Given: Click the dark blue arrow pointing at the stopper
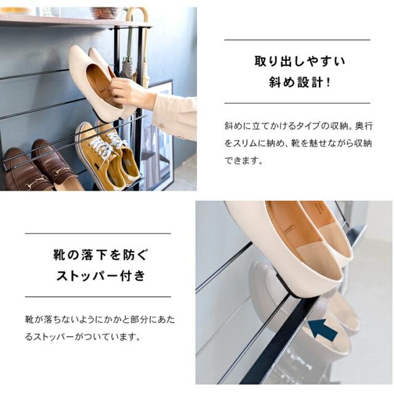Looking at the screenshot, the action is pos(323,330).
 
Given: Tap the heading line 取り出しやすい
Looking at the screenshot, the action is pos(300,62).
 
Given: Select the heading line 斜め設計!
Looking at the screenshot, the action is pos(300,82).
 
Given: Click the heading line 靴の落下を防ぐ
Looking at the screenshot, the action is pos(100,255).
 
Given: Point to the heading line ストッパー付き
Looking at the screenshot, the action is pos(100,276).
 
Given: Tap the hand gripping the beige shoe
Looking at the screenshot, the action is pos(132,94).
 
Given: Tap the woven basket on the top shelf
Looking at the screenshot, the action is pos(105,13).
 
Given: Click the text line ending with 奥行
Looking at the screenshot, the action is pos(298,126).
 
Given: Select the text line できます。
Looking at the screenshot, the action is pos(244,160).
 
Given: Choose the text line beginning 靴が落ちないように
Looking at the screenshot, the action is pos(100,320).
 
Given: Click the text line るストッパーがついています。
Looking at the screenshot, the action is pos(82,337).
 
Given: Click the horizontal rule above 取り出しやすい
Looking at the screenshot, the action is pos(297,39).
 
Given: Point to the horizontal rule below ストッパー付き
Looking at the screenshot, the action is pos(98,297).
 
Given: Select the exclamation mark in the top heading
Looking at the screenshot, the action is pos(328,82).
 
